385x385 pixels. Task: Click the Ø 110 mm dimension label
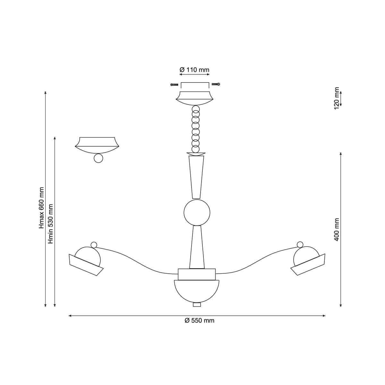pyautogui.click(x=194, y=70)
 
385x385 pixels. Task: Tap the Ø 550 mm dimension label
pyautogui.click(x=199, y=321)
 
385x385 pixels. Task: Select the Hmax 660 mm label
pyautogui.click(x=41, y=208)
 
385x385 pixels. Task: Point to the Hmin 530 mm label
pyautogui.click(x=51, y=224)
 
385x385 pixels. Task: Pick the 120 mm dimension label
pyautogui.click(x=337, y=98)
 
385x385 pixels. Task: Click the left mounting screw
pyautogui.click(x=174, y=85)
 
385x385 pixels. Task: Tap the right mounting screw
pyautogui.click(x=216, y=84)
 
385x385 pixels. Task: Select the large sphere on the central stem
pyautogui.click(x=197, y=213)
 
